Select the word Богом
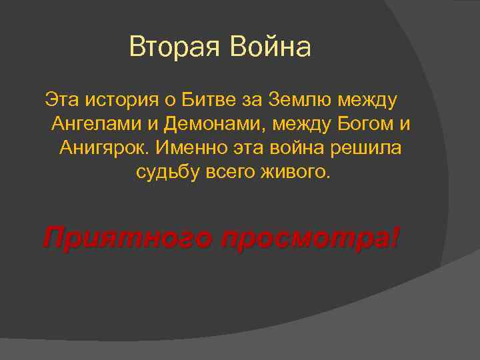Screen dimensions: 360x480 click(365, 124)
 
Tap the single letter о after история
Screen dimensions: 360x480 click(169, 101)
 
